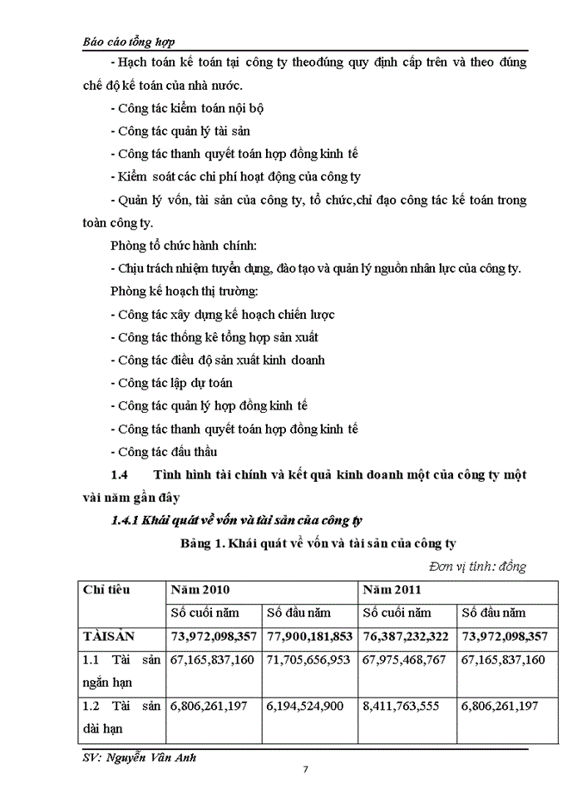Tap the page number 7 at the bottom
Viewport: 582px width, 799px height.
click(305, 768)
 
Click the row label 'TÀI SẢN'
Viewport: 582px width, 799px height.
click(113, 636)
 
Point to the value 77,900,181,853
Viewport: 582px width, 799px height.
click(308, 636)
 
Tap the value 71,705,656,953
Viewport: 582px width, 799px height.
click(308, 659)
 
